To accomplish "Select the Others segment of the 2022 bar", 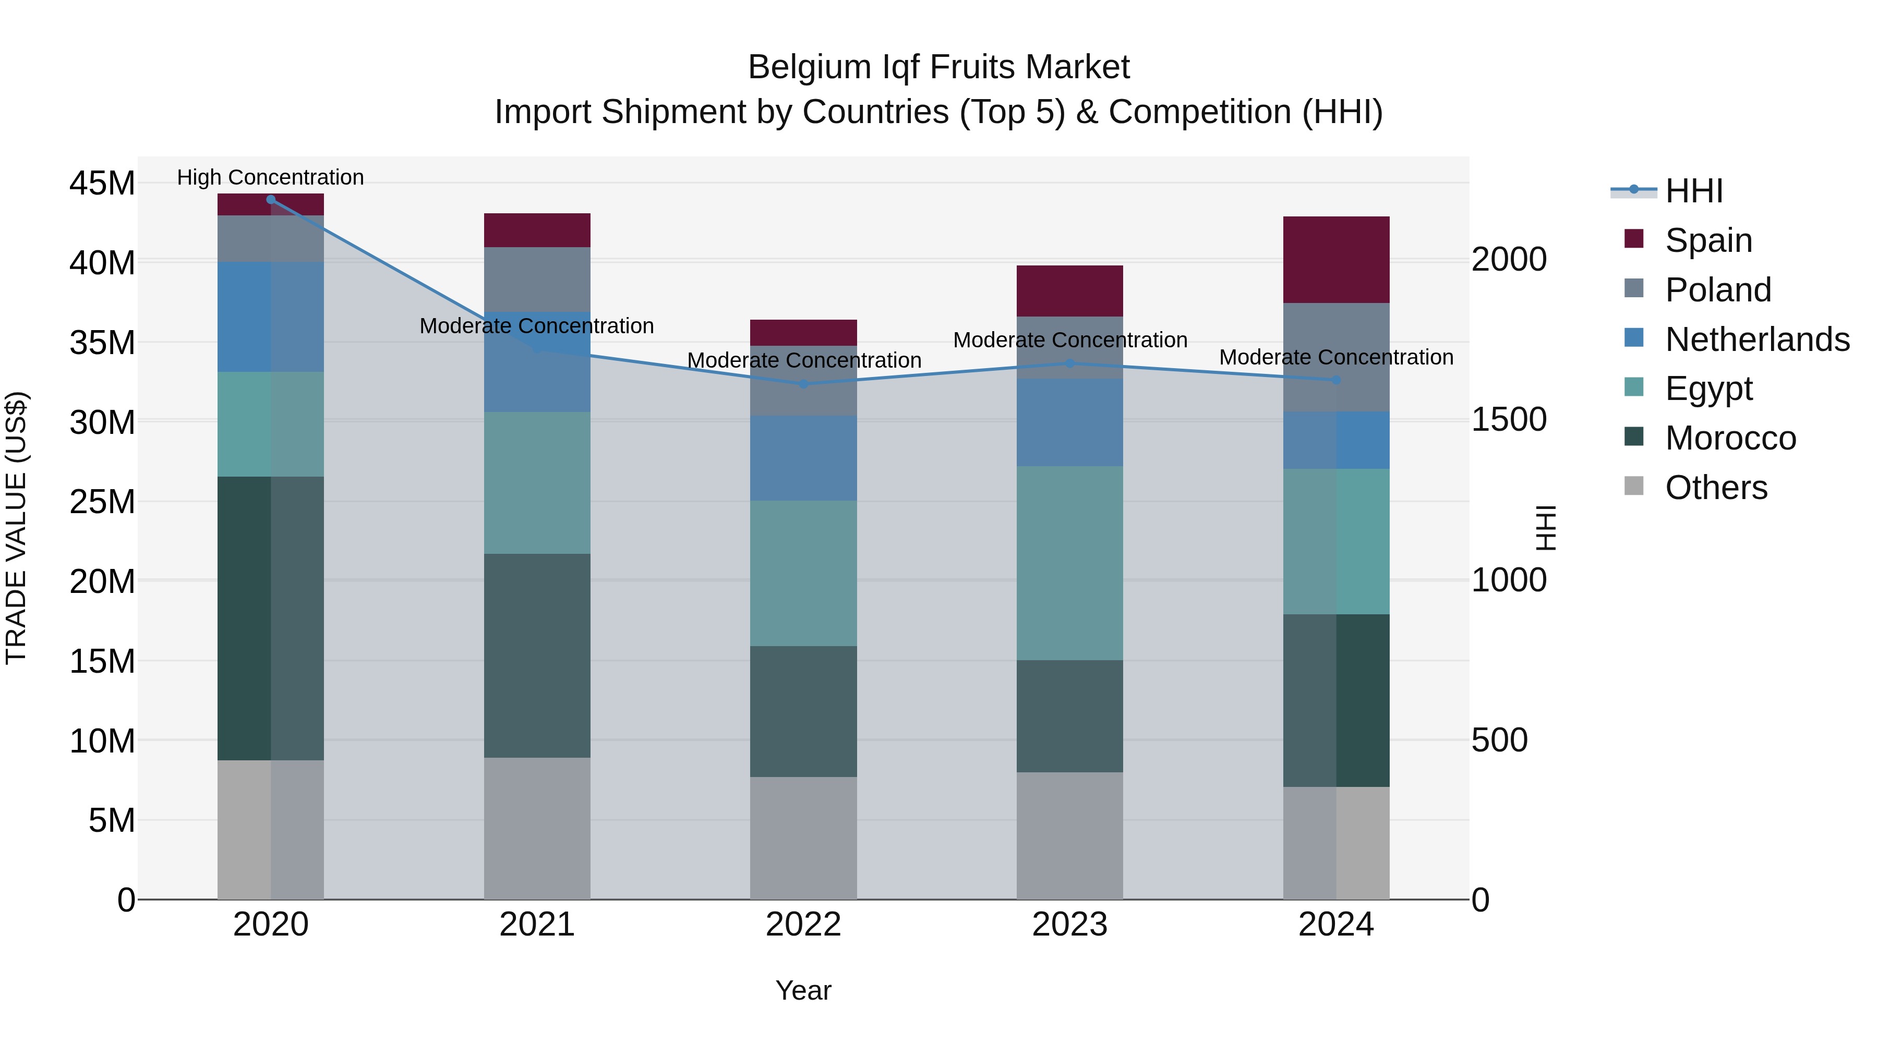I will click(x=803, y=837).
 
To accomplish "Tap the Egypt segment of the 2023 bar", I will click(x=1069, y=563).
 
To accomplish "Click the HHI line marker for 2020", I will click(x=270, y=200).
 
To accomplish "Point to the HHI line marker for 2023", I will click(x=1069, y=363).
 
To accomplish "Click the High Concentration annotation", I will click(x=270, y=177).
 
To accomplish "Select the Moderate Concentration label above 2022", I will click(x=804, y=360).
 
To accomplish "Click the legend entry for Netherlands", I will click(x=1757, y=339).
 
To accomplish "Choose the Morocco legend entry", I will click(x=1730, y=438).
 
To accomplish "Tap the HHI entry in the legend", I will click(x=1693, y=191).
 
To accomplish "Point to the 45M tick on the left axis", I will click(x=102, y=183).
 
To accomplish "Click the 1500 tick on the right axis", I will click(x=1508, y=420).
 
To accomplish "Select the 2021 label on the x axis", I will click(x=537, y=925).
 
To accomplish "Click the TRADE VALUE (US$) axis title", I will click(x=16, y=528).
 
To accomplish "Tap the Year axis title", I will click(x=803, y=990).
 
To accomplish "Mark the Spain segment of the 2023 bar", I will click(x=1069, y=291).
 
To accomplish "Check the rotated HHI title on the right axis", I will click(x=1545, y=528).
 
